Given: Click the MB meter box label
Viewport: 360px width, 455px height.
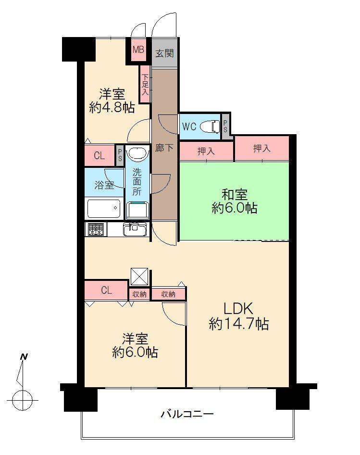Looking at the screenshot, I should click(x=138, y=50).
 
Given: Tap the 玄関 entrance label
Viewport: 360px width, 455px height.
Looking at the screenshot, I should click(x=164, y=53).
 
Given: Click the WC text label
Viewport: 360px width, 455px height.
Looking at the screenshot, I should click(x=188, y=127).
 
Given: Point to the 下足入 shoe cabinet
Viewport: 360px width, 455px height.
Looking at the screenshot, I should click(x=145, y=85).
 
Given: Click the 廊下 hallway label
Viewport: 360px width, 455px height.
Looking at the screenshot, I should click(x=164, y=148).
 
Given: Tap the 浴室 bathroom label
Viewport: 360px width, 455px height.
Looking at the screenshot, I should click(x=104, y=185).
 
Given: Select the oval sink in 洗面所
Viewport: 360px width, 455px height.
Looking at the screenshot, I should click(x=137, y=154).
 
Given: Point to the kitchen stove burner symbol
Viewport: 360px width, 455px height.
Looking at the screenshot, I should click(x=95, y=229).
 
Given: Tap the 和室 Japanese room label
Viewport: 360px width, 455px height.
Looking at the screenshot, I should click(x=234, y=195).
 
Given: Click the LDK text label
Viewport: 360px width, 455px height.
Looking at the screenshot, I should click(x=238, y=308).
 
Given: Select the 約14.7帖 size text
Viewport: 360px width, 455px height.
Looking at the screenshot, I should click(x=238, y=324).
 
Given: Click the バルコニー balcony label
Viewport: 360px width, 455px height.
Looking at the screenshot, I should click(x=187, y=414).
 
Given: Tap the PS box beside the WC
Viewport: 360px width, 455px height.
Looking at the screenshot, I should click(x=225, y=126).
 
